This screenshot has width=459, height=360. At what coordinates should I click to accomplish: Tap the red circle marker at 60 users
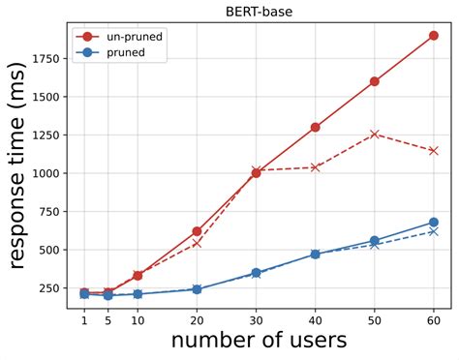(433, 36)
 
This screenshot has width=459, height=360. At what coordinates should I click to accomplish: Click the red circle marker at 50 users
(374, 81)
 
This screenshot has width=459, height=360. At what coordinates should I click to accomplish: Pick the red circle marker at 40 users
(315, 127)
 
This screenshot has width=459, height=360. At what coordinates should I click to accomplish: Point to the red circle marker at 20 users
(197, 231)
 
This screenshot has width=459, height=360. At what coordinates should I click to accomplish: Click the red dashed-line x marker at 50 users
(374, 135)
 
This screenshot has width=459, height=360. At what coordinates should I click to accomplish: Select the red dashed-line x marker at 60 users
(433, 151)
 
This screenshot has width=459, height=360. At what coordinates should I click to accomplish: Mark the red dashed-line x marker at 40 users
(315, 167)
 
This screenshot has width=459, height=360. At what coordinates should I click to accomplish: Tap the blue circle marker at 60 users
(433, 223)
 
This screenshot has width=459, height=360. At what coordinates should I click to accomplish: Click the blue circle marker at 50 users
(374, 241)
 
